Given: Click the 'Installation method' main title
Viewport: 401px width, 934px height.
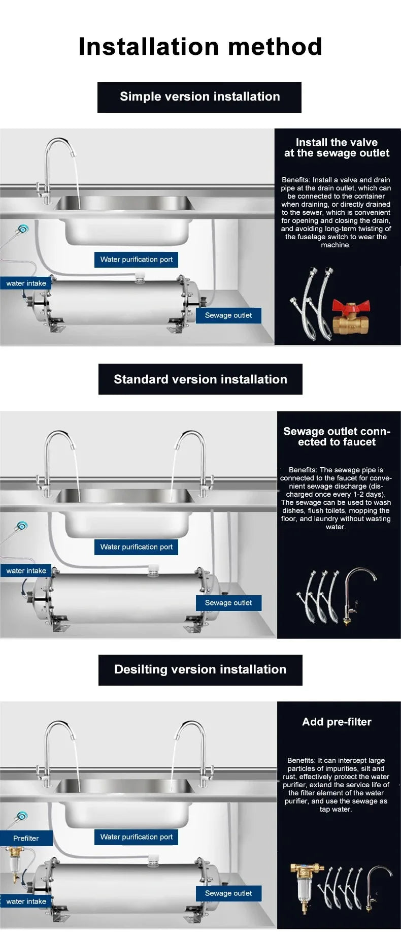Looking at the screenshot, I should (200, 47).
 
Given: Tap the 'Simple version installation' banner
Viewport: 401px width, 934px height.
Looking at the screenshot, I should (199, 97).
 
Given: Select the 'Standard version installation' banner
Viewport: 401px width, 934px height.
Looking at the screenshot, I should (200, 379).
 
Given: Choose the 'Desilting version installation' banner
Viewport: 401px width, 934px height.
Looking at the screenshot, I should (200, 669).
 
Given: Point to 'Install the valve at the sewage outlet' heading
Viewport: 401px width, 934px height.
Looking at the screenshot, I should (337, 148).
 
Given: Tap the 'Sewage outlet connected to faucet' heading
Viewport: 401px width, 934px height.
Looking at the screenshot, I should (337, 437).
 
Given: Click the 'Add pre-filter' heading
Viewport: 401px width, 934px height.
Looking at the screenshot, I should (337, 722).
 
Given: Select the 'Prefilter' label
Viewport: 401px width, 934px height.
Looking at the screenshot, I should (26, 838).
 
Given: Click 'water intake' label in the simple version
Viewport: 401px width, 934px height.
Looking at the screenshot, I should (26, 283).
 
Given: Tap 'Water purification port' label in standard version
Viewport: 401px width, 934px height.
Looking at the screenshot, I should (136, 547).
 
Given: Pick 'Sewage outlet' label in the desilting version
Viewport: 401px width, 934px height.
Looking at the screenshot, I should (228, 893).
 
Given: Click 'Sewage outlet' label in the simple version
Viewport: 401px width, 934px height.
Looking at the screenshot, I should (228, 315).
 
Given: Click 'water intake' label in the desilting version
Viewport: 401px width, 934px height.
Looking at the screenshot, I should (26, 901).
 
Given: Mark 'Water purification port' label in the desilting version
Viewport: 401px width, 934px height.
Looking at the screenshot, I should (136, 837).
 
